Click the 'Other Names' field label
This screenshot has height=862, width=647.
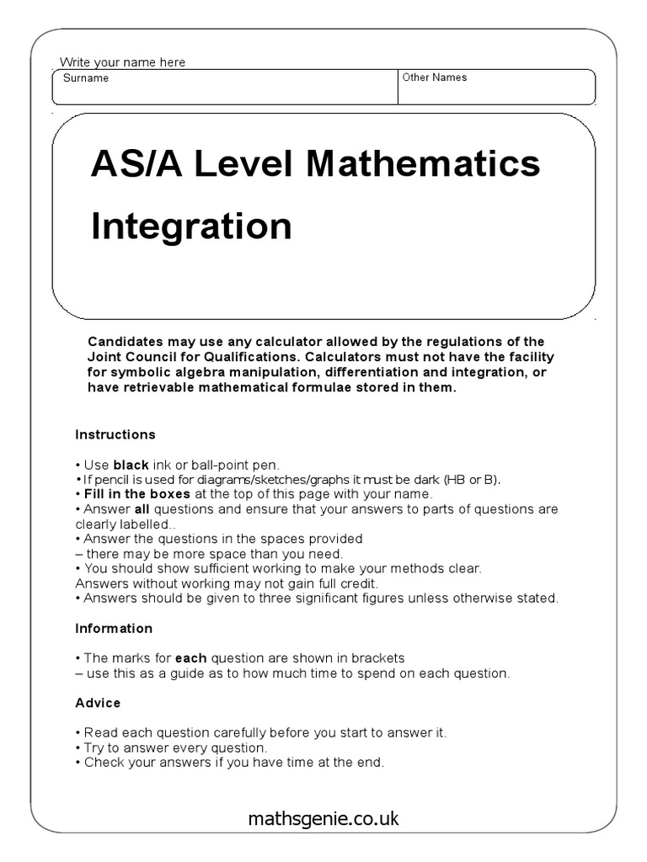[x=434, y=77]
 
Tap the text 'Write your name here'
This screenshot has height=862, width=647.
[x=122, y=62]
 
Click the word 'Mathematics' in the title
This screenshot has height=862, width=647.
[x=424, y=164]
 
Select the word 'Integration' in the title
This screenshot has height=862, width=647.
[x=191, y=226]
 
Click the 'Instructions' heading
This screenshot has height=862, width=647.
[x=115, y=434]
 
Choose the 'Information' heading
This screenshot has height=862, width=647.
[x=114, y=628]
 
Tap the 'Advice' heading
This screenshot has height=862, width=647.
[x=98, y=702]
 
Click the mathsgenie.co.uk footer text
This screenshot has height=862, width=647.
[x=323, y=818]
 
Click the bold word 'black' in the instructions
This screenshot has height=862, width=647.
[x=131, y=465]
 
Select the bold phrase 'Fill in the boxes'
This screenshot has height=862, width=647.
[x=136, y=494]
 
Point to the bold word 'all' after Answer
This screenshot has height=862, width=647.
[x=142, y=509]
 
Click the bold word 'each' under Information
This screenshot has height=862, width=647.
[x=190, y=657]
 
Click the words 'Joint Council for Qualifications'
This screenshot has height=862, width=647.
[x=184, y=357]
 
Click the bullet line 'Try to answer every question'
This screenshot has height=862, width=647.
[x=175, y=748]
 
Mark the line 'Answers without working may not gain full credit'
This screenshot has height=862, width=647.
[x=227, y=583]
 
